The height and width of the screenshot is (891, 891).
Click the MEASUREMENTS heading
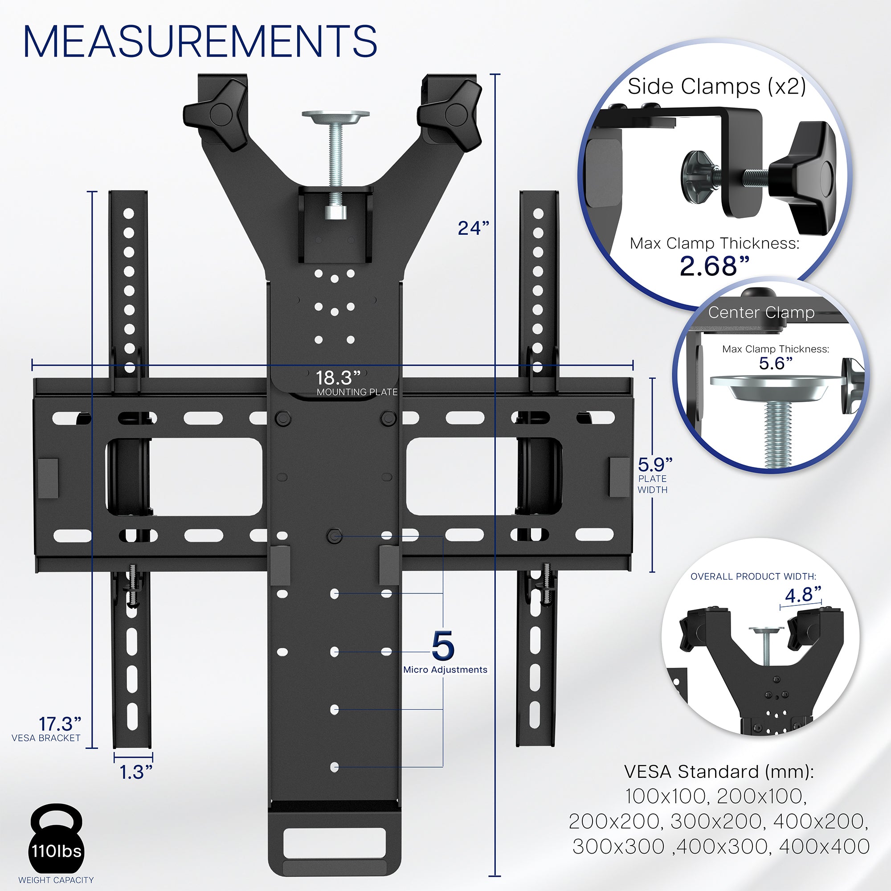(200, 42)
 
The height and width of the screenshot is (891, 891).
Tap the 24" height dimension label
(473, 228)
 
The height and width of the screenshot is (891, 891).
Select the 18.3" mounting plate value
(338, 378)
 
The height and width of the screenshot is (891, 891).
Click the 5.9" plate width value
(655, 464)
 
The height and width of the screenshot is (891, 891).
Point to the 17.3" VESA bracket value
(60, 723)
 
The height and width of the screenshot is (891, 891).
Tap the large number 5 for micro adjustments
(443, 646)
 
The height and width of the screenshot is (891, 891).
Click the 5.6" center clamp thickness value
(776, 364)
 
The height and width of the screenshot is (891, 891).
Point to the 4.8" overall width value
(803, 595)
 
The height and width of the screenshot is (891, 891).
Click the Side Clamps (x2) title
(717, 86)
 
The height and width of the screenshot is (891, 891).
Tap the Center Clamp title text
(761, 312)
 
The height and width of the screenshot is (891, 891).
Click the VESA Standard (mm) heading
(719, 772)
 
